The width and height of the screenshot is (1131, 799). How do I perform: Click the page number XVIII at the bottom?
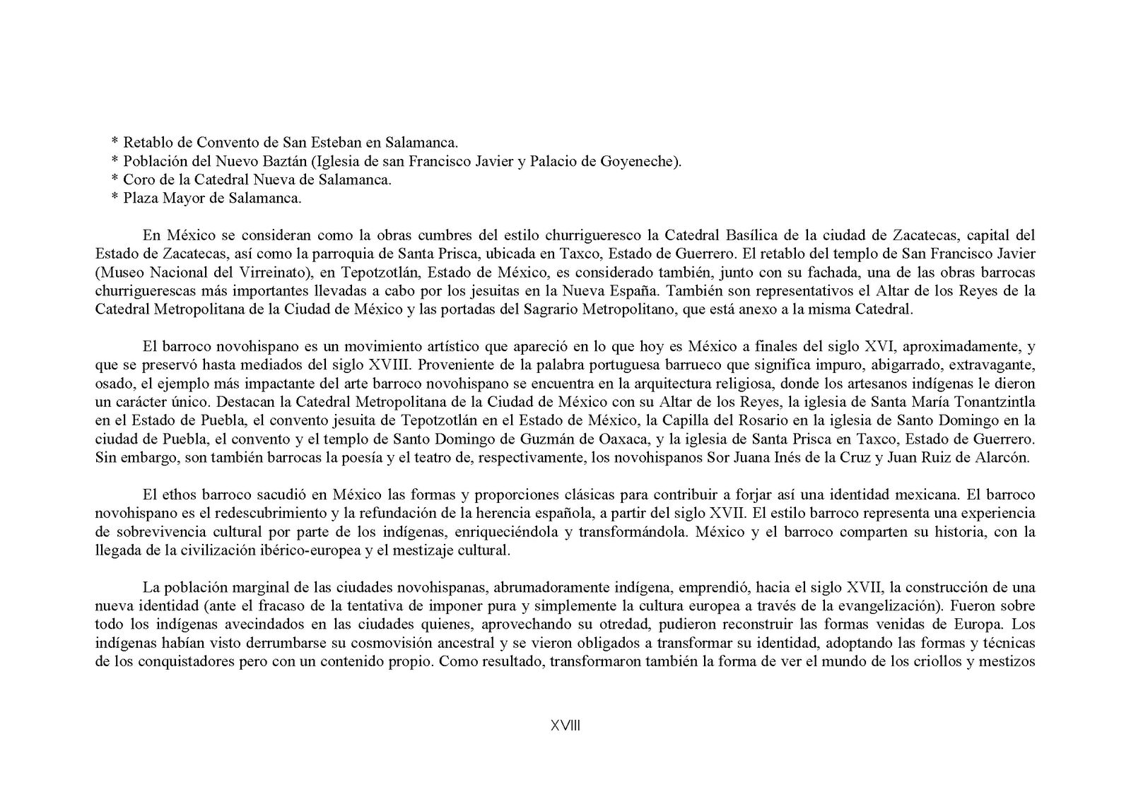coord(565,726)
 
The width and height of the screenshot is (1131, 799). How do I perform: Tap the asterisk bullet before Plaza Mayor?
coord(115,199)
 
